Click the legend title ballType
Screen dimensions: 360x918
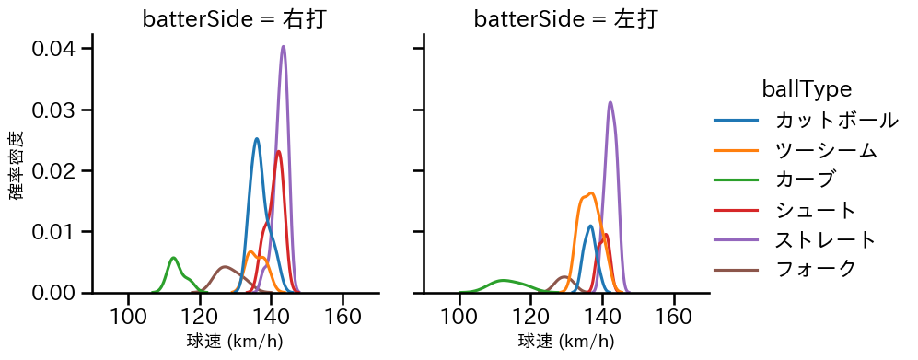(x=806, y=88)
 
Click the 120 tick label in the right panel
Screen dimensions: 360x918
(x=530, y=317)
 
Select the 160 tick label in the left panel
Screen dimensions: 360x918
(x=343, y=317)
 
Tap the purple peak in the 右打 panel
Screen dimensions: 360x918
(x=283, y=47)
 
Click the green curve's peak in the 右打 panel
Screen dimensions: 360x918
(x=173, y=258)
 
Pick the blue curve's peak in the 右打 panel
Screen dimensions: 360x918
(x=257, y=139)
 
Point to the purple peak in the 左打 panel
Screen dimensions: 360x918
(x=610, y=102)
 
